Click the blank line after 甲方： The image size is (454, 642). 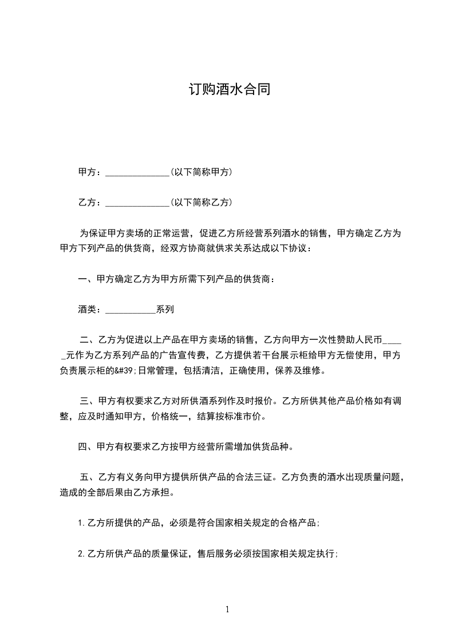(x=137, y=172)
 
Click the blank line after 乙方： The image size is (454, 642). (x=137, y=203)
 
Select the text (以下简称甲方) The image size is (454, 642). (x=201, y=172)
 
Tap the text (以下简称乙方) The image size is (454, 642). (x=201, y=202)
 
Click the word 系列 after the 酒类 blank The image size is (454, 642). (x=165, y=310)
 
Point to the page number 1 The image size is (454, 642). (x=227, y=609)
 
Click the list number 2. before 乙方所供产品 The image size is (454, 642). (x=82, y=554)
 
